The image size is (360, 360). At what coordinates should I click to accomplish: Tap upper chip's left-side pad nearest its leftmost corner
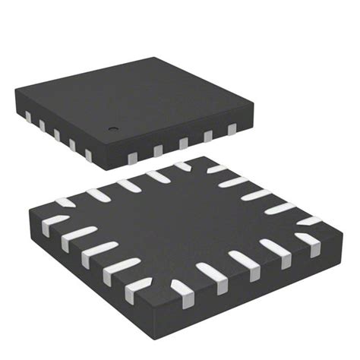coord(28,116)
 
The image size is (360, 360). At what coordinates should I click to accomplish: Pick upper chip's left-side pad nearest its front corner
coord(88,155)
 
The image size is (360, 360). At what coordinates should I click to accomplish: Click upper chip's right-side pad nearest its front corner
coord(131,156)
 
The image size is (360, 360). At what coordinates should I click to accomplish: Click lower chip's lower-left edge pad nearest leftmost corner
coord(55,223)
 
